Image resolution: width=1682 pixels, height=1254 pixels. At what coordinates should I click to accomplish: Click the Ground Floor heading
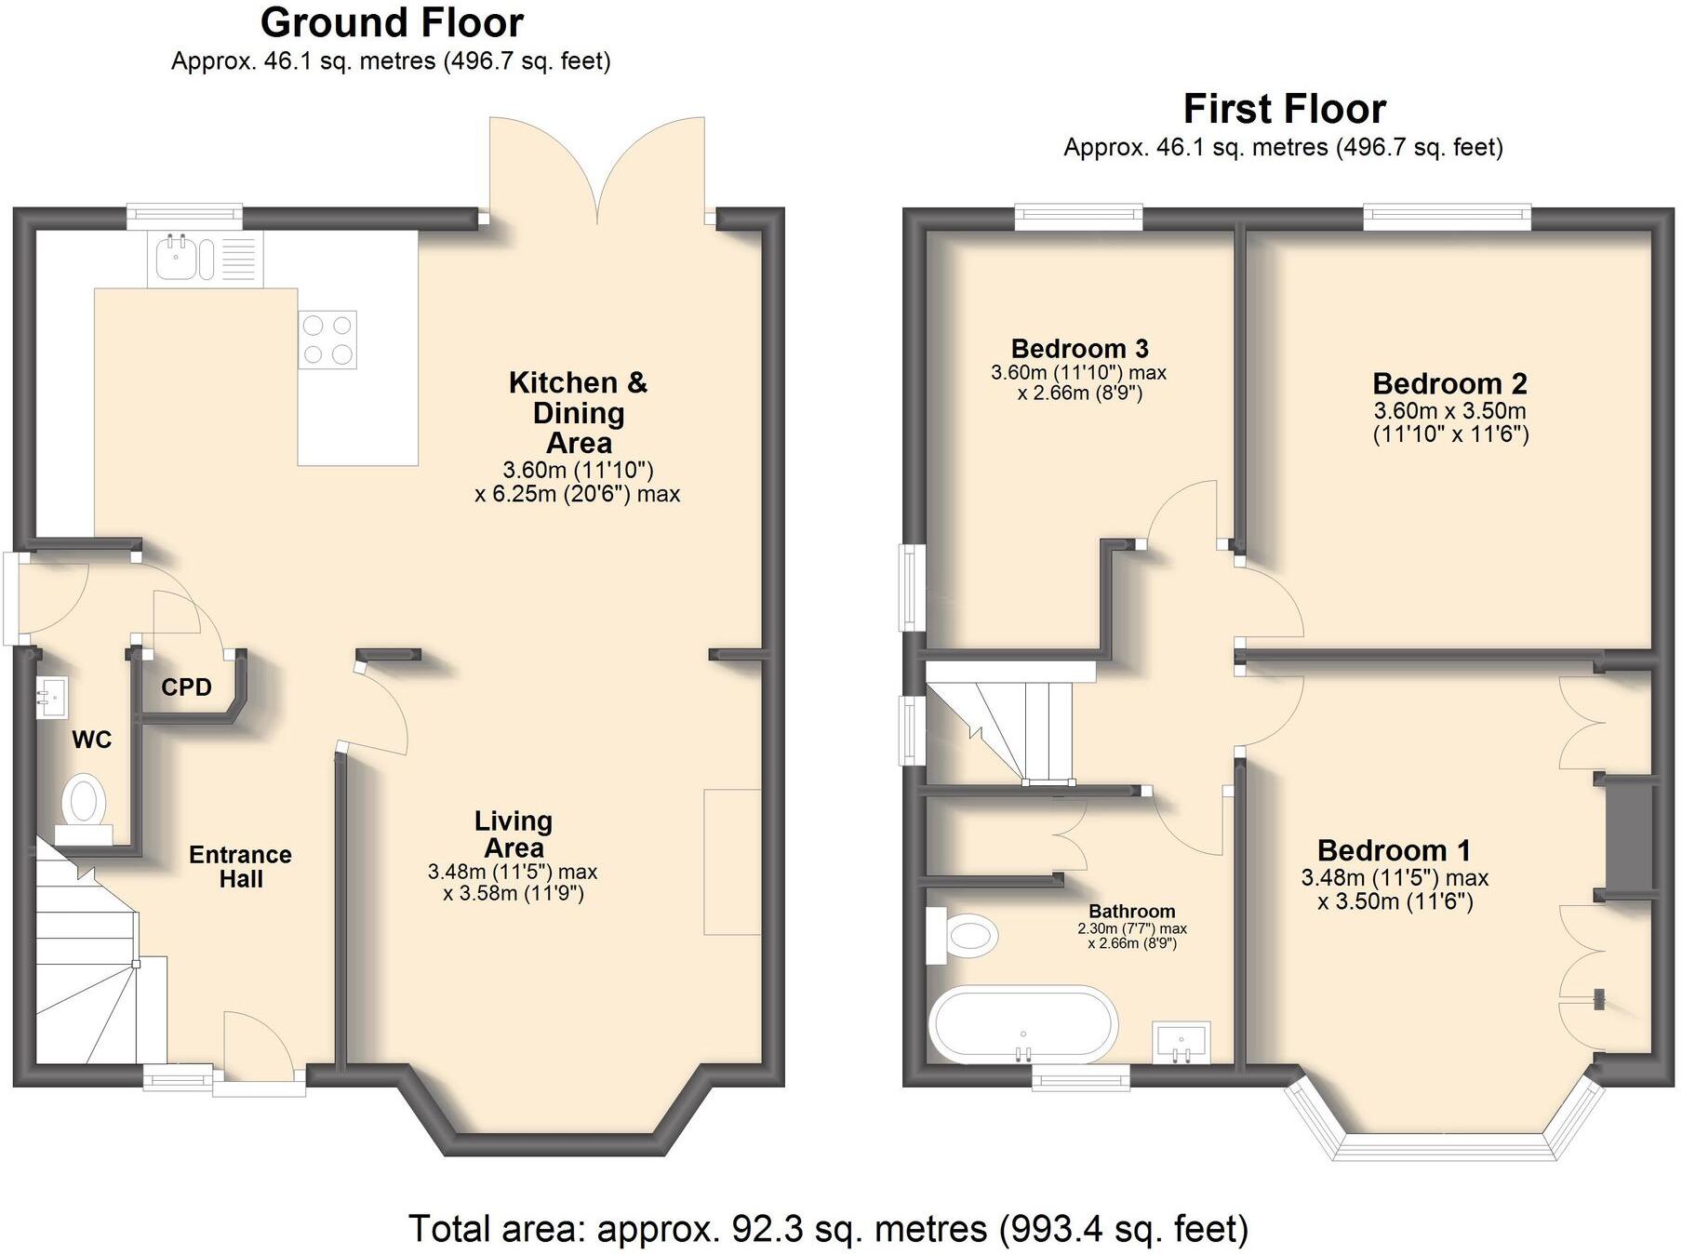(x=392, y=22)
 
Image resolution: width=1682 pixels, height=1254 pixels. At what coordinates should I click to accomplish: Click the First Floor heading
(x=1284, y=109)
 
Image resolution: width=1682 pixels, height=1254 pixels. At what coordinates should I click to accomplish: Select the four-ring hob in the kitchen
(x=327, y=339)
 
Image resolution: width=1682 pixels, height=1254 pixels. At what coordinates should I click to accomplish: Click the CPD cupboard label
(x=186, y=687)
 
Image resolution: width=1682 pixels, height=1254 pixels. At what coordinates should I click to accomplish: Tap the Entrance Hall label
(x=240, y=866)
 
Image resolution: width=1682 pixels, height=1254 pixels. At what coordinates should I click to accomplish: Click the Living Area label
(x=514, y=834)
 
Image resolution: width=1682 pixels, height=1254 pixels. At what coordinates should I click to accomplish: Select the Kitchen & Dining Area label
(x=578, y=412)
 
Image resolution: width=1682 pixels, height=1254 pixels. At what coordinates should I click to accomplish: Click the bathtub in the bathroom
(x=1022, y=1024)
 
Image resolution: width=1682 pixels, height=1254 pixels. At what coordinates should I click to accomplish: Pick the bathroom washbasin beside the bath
(x=1181, y=1041)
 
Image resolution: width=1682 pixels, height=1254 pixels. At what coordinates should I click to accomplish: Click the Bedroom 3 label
(x=1079, y=349)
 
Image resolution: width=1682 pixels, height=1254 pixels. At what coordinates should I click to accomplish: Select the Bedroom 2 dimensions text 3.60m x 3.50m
(x=1449, y=411)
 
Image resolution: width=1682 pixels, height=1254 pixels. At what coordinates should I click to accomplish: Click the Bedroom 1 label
(x=1393, y=850)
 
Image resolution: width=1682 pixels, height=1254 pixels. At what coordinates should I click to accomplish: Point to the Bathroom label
(x=1131, y=912)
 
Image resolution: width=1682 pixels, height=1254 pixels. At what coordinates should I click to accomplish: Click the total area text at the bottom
(x=828, y=1229)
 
